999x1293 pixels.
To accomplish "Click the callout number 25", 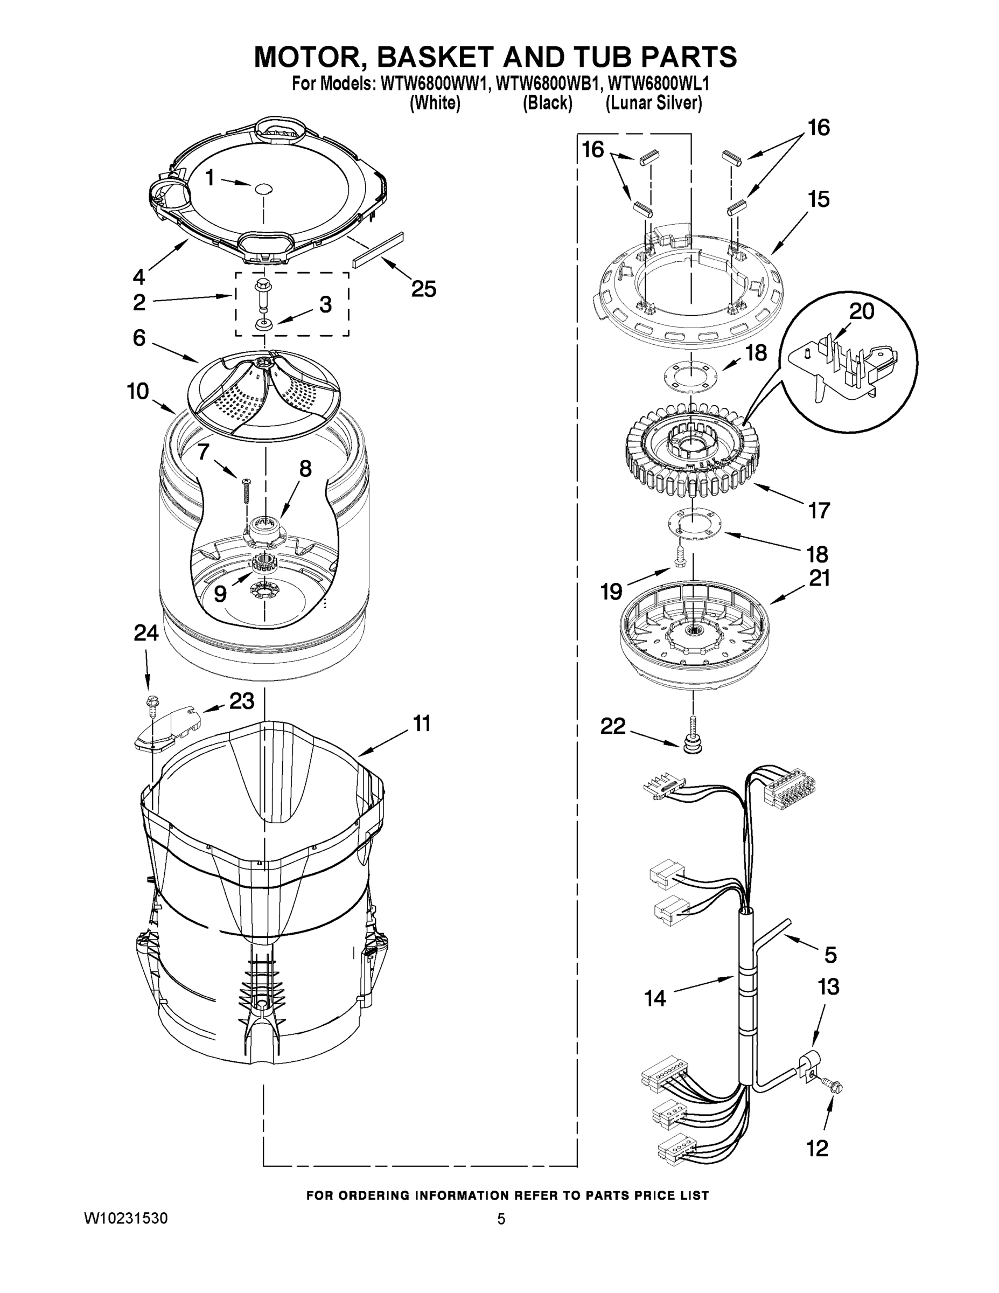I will coord(424,289).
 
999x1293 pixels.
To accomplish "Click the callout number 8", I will coord(305,469).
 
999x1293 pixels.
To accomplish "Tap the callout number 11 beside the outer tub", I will coord(421,723).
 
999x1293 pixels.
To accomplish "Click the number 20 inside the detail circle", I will coord(861,312).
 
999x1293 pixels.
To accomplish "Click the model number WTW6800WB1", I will coord(544,85).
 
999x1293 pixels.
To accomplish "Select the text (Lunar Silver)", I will coord(654,103).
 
